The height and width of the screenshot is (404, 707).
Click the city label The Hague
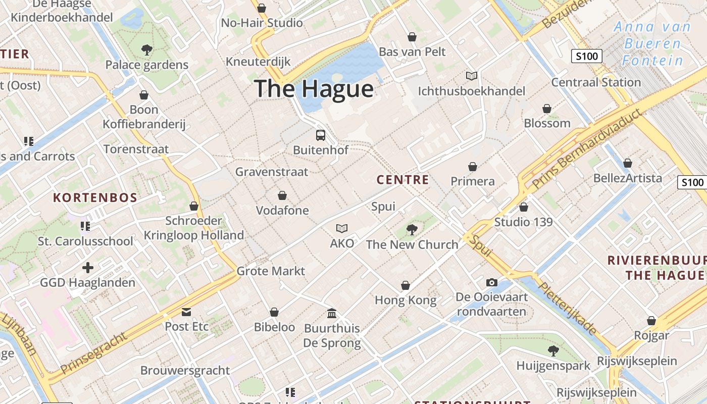click(x=314, y=89)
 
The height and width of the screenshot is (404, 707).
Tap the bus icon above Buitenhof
click(x=321, y=135)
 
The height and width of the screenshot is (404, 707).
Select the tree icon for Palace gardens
click(x=146, y=50)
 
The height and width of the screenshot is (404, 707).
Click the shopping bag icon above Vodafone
click(x=282, y=195)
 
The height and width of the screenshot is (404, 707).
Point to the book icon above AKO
click(x=342, y=228)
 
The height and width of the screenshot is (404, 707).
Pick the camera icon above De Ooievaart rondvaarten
click(x=491, y=282)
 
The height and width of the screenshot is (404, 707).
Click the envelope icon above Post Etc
click(x=186, y=312)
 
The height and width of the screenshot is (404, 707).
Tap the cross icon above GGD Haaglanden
click(x=88, y=267)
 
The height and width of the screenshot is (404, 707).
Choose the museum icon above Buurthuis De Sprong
click(x=332, y=314)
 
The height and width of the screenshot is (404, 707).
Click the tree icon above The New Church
click(x=412, y=230)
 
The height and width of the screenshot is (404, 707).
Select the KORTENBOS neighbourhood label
click(x=95, y=197)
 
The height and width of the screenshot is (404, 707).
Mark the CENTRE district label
click(x=403, y=180)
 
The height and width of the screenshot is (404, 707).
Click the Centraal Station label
click(x=596, y=82)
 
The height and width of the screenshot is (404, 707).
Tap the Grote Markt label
click(x=271, y=271)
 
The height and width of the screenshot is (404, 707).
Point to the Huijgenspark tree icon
click(x=553, y=350)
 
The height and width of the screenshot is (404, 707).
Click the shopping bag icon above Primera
click(x=473, y=167)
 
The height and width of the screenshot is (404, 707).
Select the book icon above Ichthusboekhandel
click(x=471, y=76)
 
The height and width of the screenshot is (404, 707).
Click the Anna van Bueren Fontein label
click(x=652, y=44)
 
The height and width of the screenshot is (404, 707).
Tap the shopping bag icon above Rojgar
click(x=651, y=321)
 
